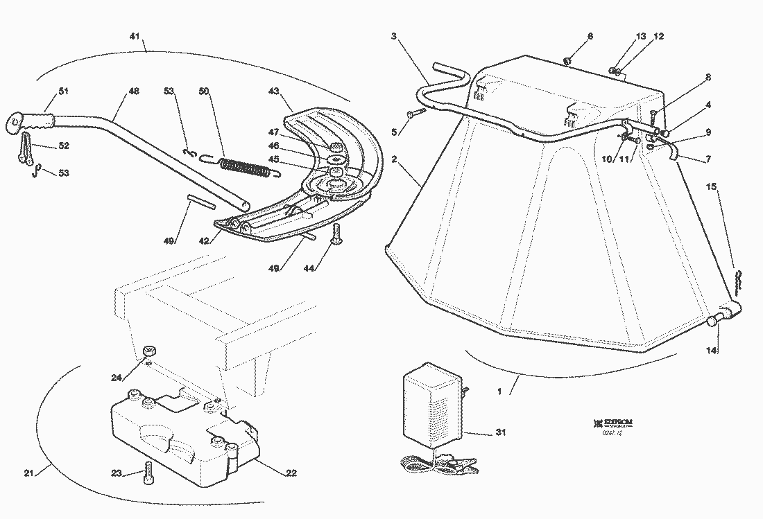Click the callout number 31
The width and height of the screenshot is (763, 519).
point(500,433)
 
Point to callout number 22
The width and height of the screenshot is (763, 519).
point(291,474)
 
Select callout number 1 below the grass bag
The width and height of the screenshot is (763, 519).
point(499,391)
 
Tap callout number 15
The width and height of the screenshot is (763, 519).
point(711,187)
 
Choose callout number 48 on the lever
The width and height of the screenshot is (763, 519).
point(134,91)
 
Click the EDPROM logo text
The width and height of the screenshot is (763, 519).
point(615,422)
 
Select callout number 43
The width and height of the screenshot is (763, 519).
point(273,91)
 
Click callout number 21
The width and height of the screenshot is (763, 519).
point(28,473)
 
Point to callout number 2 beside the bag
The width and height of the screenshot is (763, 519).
point(394,159)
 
